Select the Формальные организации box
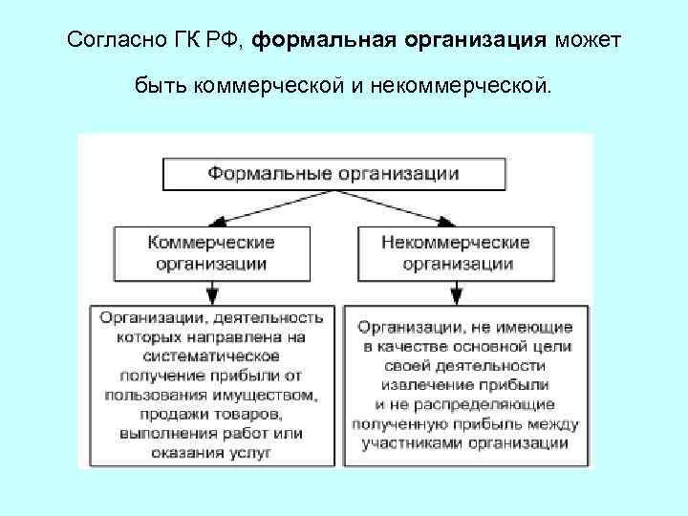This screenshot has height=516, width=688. pyautogui.click(x=333, y=174)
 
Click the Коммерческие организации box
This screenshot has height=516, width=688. pyautogui.click(x=211, y=252)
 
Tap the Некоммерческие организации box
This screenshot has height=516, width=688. pyautogui.click(x=457, y=252)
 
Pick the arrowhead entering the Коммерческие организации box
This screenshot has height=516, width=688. pyautogui.click(x=211, y=221)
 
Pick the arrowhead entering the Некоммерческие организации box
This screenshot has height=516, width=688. pyautogui.click(x=457, y=221)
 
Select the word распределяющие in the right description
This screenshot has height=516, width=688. pyautogui.click(x=485, y=402)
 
